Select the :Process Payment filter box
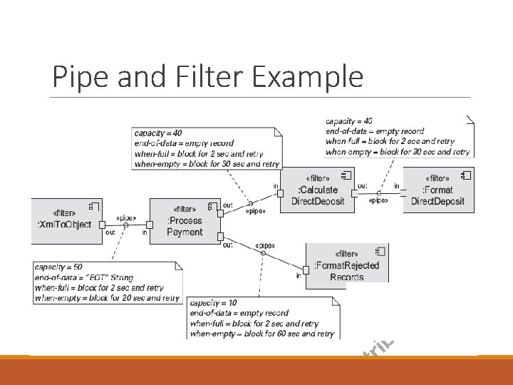pos(185,221)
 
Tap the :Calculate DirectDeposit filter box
pos(318,190)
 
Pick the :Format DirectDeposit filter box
pos(437,190)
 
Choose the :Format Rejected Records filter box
pos(347,266)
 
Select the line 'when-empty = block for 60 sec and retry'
pos(261,333)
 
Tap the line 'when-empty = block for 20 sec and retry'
pos(106,298)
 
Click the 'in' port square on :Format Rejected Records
pos(306,269)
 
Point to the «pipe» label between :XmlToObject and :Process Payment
pos(126,217)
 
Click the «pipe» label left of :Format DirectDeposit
pos(378,200)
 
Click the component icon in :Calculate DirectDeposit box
pos(346,175)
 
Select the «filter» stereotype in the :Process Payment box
pos(185,210)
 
